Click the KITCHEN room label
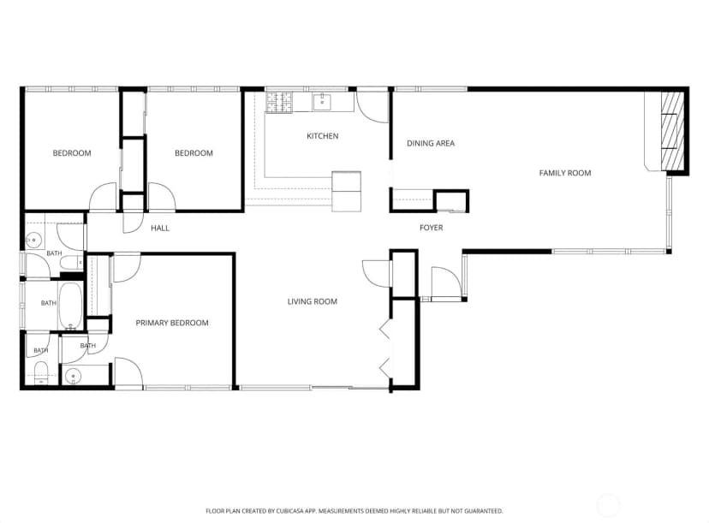323,136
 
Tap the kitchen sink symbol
322,102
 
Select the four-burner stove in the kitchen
279,102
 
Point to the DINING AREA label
431,143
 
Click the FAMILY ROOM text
565,173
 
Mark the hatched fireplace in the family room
672,131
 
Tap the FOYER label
431,228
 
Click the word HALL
160,229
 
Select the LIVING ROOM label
313,301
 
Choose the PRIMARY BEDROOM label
172,323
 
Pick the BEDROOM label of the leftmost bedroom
72,153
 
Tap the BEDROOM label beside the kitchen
194,153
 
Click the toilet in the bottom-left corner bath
41,372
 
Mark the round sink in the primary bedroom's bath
73,375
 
